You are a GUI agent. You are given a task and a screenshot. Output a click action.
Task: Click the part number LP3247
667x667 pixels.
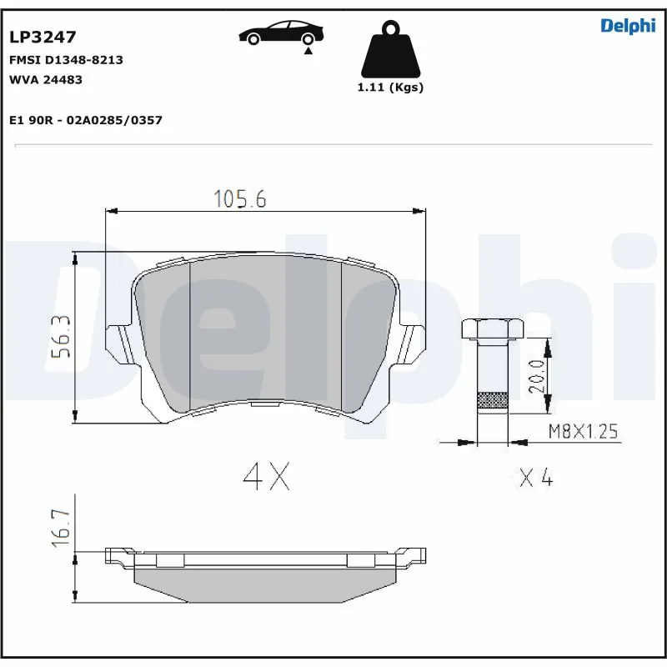pos(43,37)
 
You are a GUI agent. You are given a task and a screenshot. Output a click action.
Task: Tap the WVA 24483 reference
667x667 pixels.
pos(45,79)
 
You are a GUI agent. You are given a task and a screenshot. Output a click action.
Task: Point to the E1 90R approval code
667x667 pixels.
pos(85,120)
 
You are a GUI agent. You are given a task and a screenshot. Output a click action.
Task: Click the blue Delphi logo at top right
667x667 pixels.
pos(628,26)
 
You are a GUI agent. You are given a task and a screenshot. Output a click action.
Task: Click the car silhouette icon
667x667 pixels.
pos(281,33)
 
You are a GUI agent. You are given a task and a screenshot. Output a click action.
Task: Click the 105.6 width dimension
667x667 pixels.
pos(239,198)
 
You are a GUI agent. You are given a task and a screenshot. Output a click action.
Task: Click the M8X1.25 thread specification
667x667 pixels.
pos(584,431)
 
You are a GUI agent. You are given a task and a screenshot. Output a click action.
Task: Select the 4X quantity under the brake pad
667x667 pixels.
pos(266,476)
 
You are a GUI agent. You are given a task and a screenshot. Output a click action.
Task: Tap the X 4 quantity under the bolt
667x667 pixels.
pos(536,478)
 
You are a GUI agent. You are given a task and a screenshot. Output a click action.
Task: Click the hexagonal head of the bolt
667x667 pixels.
pos(492,328)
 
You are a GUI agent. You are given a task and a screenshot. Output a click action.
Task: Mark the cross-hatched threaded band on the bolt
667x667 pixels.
pos(492,401)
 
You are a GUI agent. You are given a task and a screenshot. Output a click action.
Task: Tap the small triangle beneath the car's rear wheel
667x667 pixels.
pos(308,52)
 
